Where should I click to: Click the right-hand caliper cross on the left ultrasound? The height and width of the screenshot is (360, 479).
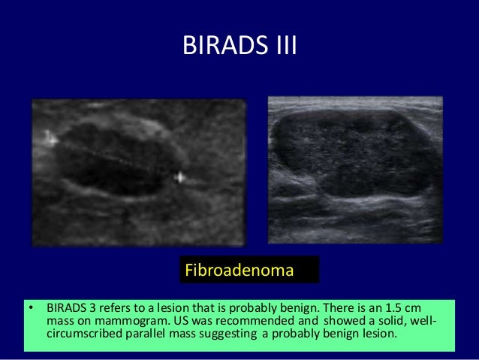[x=179, y=178]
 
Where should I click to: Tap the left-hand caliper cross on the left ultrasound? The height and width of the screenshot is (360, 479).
[x=50, y=138]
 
